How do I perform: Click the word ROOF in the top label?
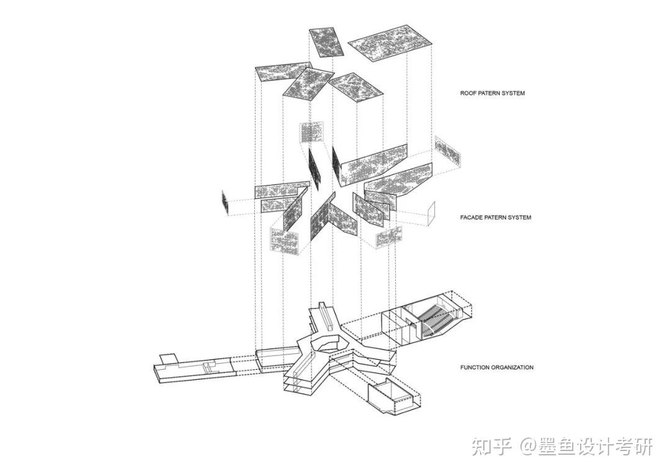tap(467, 93)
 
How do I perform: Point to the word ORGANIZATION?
tap(513, 367)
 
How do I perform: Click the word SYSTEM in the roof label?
tap(512, 93)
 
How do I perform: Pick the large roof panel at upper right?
tap(390, 43)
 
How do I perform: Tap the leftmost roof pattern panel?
tap(283, 73)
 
